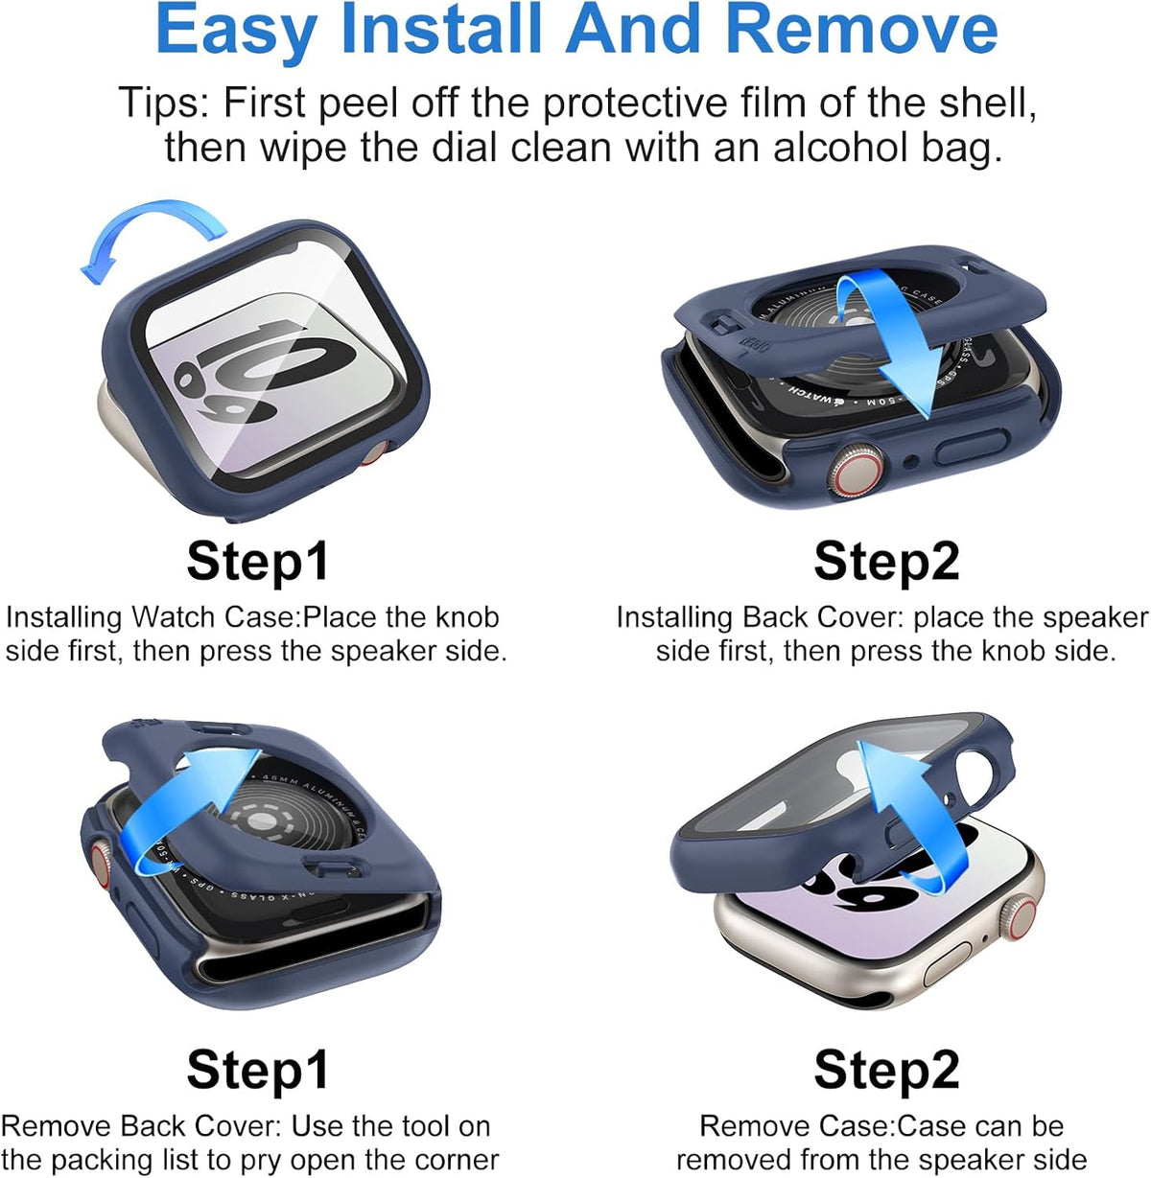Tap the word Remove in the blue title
click(x=867, y=29)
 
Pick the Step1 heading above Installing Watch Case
click(x=257, y=562)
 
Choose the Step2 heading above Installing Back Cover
click(x=886, y=562)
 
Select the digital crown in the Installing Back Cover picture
click(x=856, y=471)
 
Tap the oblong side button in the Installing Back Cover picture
click(x=971, y=446)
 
